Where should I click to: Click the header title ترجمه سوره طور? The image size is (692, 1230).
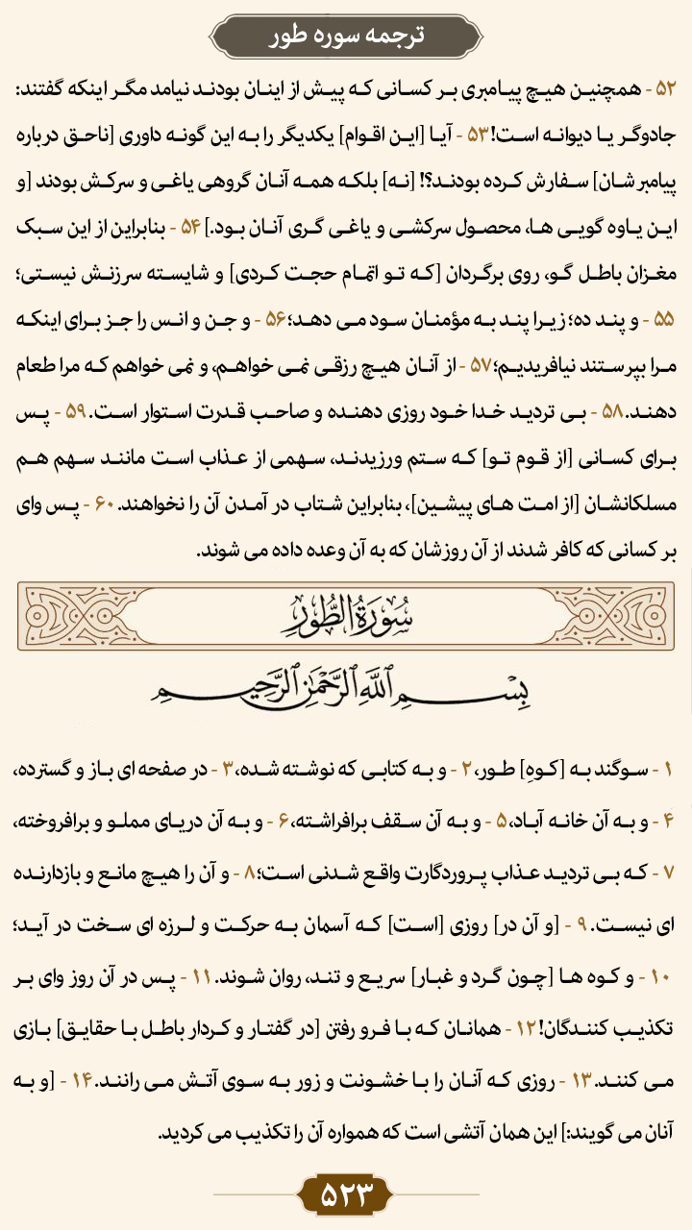tap(346, 36)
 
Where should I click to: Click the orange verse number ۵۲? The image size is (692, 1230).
tap(666, 88)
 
